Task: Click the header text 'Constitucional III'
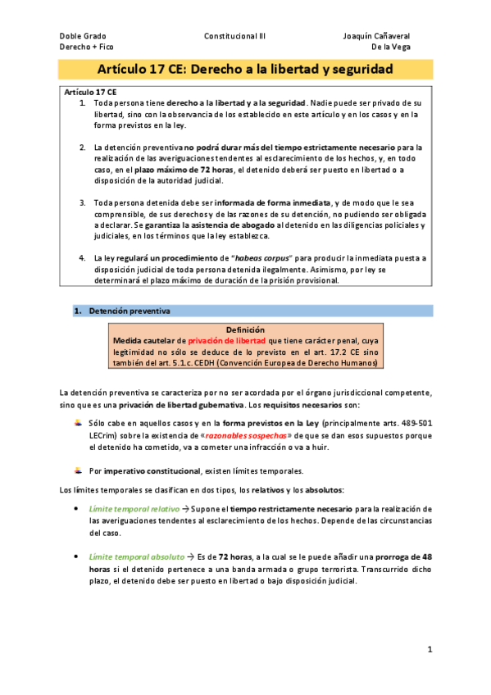point(234,37)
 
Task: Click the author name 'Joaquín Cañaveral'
point(376,37)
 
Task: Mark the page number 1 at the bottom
point(430,649)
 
